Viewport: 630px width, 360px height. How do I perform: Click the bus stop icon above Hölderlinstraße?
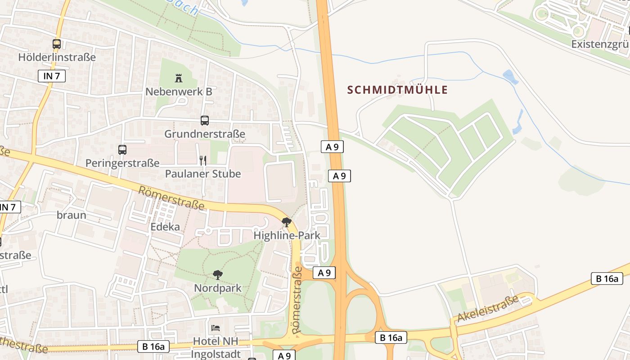57,44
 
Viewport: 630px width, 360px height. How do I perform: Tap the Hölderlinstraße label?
57,57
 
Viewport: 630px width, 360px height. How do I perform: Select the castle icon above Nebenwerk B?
179,78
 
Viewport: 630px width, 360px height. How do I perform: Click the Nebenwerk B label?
179,91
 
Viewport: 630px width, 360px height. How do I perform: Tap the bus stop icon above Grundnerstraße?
205,121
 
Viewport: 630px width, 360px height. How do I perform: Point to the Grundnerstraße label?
205,134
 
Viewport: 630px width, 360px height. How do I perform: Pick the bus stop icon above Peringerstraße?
122,150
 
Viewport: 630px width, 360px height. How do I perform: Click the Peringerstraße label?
122,163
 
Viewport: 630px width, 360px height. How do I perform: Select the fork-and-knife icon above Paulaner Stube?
203,160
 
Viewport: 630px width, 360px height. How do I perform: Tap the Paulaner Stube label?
203,174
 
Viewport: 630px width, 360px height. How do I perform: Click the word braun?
72,215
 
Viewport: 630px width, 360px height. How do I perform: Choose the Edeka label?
165,226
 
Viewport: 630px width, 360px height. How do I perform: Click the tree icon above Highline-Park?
286,222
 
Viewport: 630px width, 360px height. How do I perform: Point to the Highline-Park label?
287,235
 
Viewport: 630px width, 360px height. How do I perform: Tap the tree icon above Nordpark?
218,274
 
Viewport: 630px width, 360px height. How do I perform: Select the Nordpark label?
218,288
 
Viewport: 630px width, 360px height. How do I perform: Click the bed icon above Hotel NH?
216,328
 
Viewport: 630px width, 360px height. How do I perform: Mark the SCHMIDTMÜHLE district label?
397,90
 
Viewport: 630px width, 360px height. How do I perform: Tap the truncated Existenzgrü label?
600,44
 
